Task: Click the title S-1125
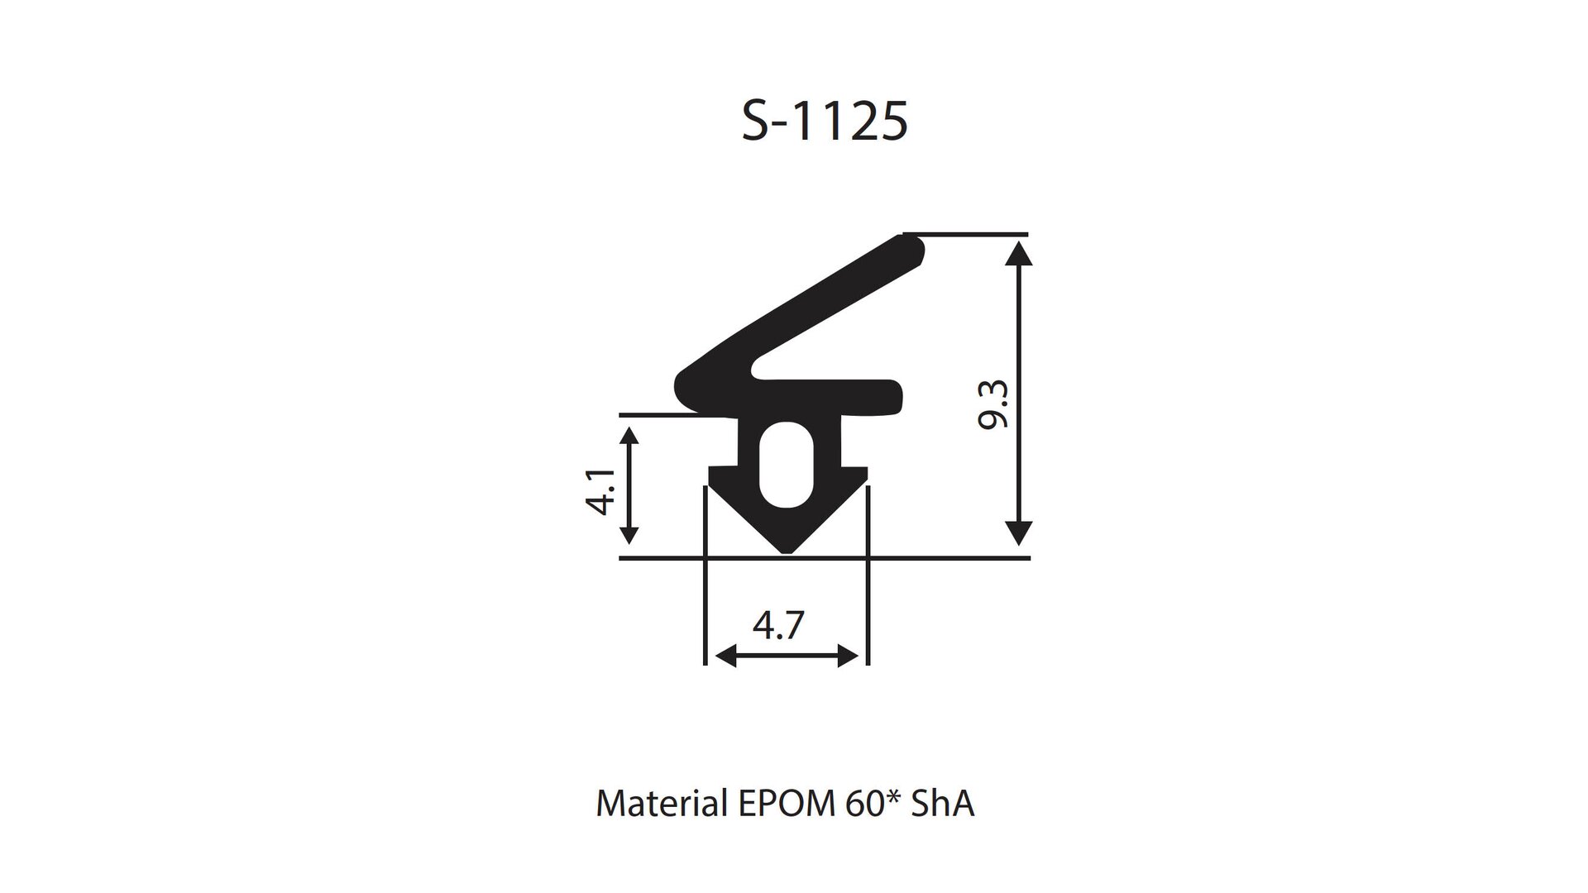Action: (825, 122)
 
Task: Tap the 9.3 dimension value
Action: (993, 404)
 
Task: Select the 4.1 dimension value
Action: (601, 491)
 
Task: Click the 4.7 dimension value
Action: (778, 625)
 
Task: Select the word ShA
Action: (943, 803)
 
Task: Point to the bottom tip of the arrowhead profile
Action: (787, 553)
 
